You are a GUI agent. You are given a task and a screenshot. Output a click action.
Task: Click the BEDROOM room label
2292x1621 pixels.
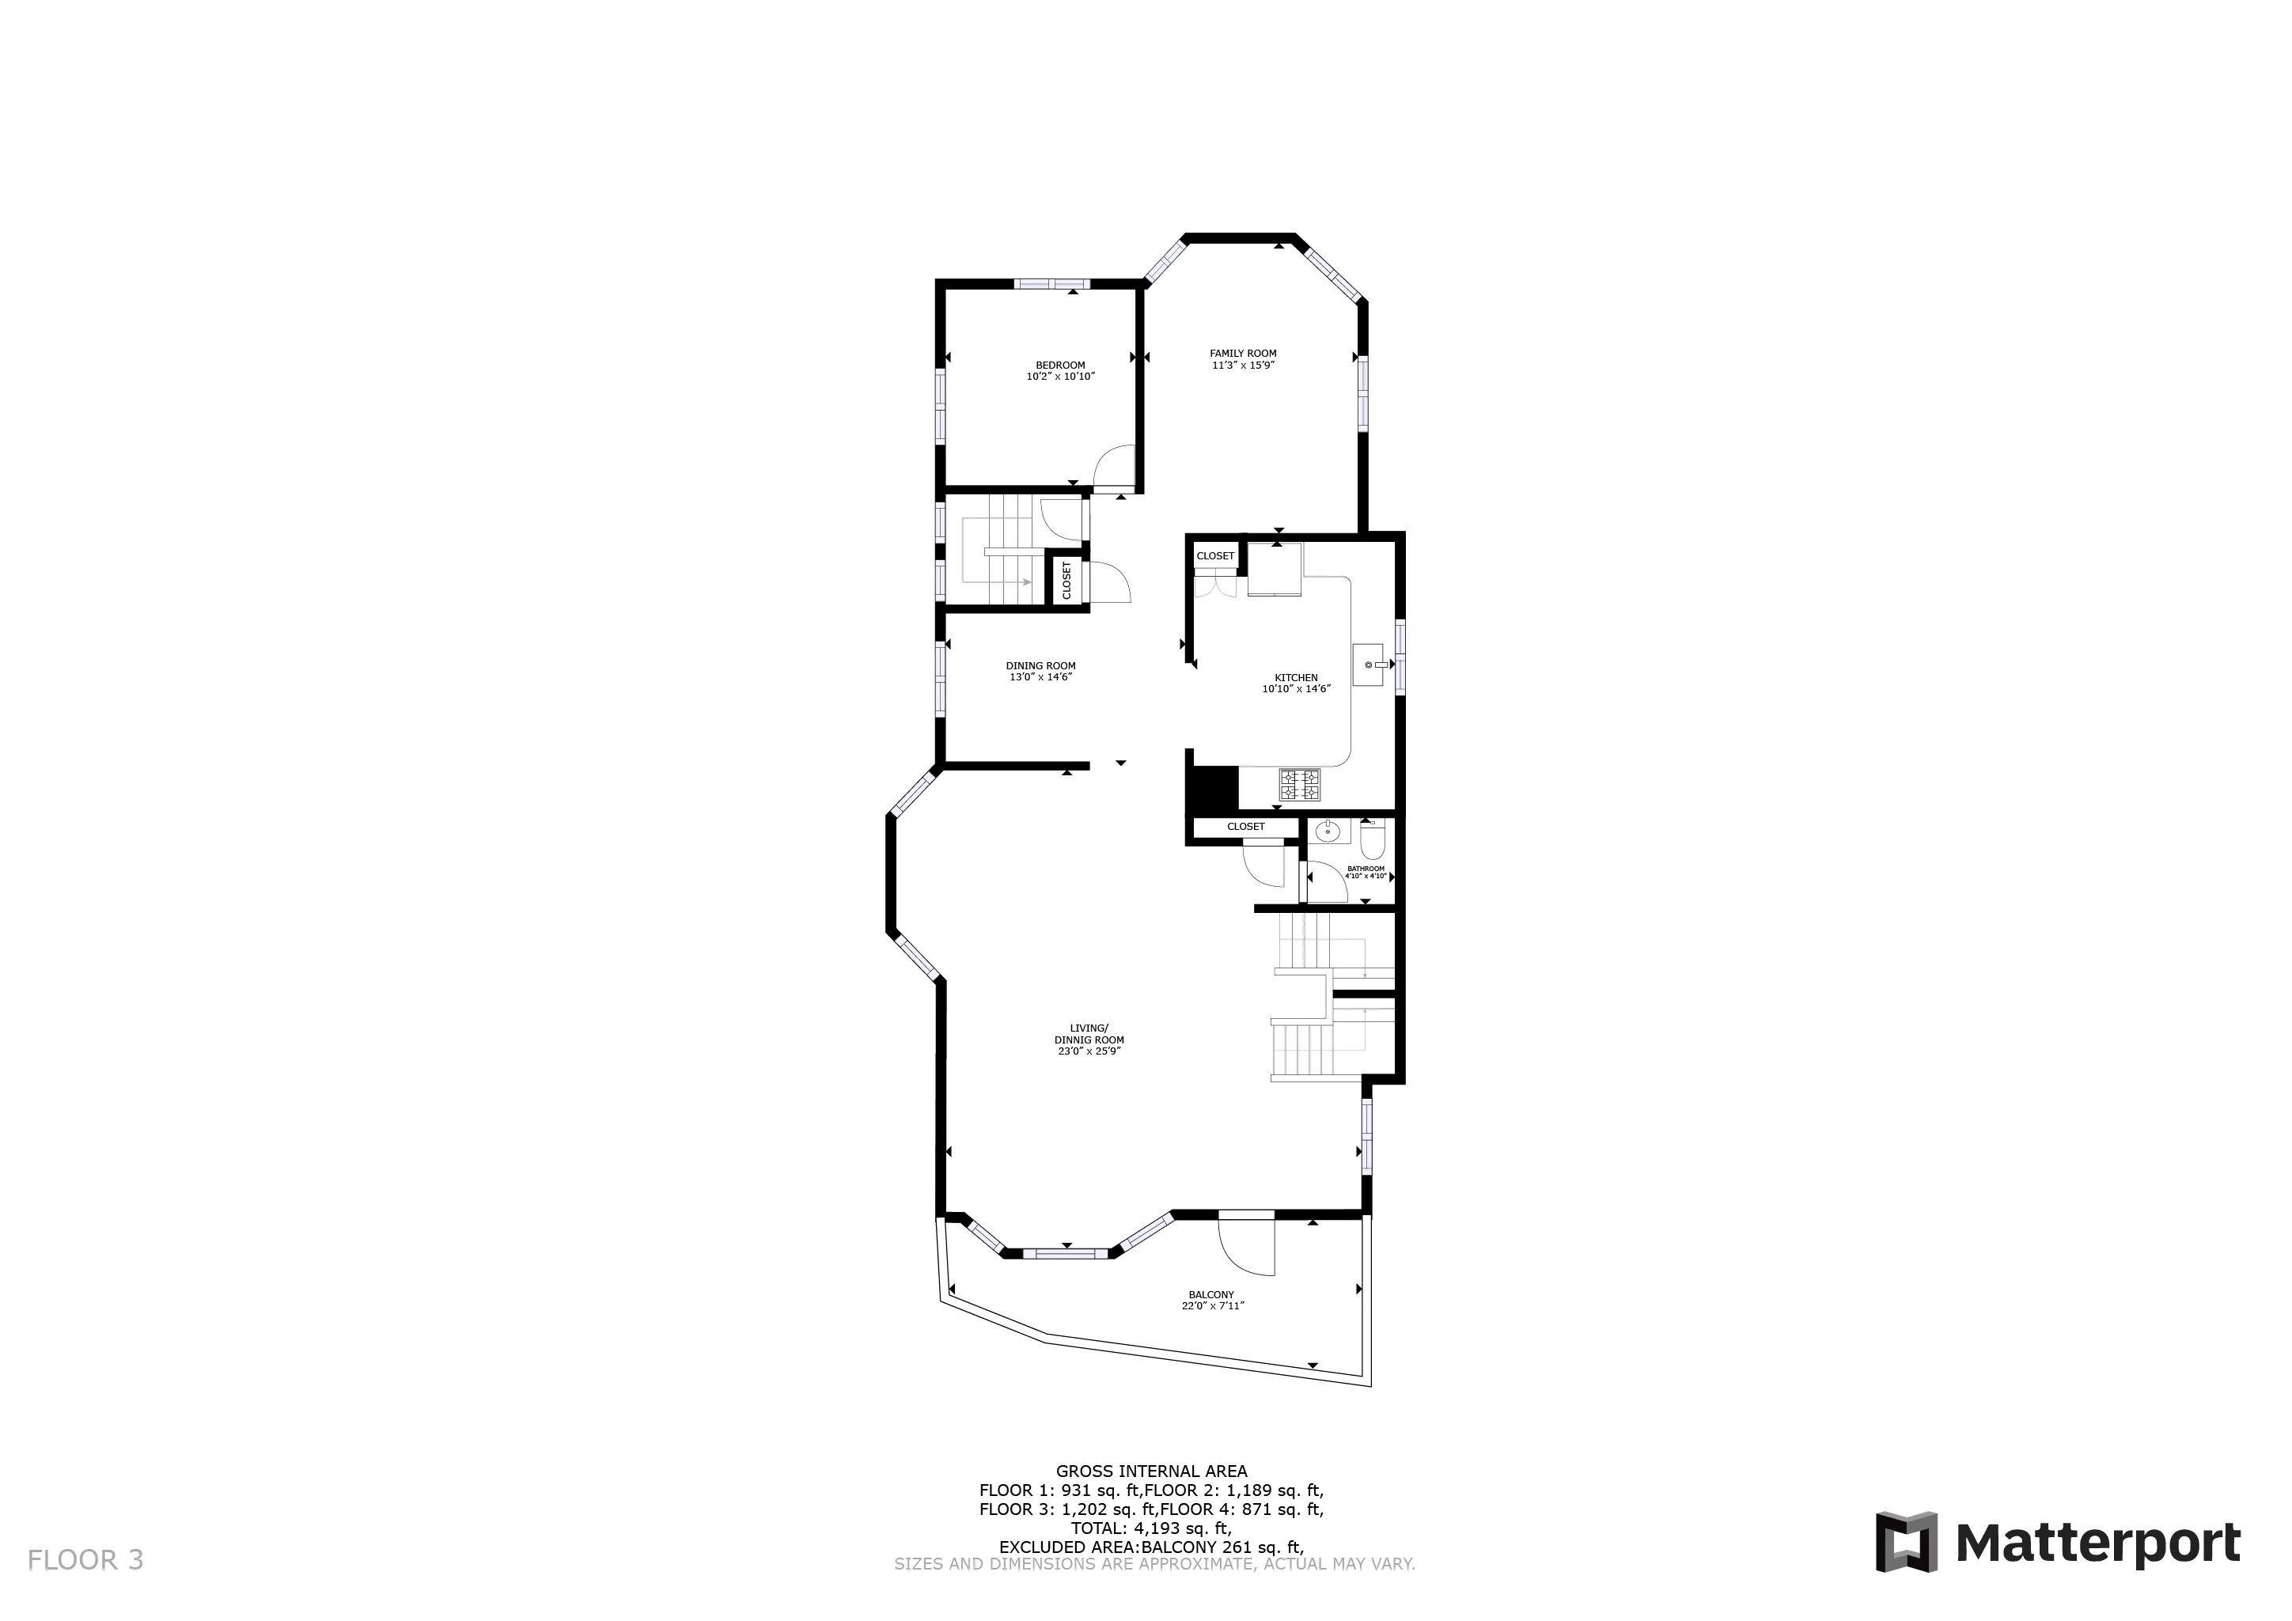pyautogui.click(x=1059, y=365)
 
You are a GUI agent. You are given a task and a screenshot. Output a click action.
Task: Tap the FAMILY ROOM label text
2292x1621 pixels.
pyautogui.click(x=1242, y=354)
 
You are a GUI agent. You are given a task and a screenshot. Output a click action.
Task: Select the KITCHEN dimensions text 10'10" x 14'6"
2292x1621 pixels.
pyautogui.click(x=1296, y=689)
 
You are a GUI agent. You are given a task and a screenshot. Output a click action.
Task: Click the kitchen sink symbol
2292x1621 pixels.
pyautogui.click(x=1369, y=665)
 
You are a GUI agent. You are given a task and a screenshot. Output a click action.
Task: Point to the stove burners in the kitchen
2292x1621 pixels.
pyautogui.click(x=1299, y=785)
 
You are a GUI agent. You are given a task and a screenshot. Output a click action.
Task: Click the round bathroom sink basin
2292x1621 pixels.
pyautogui.click(x=1328, y=831)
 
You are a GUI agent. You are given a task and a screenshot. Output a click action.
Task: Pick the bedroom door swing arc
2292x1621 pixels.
pyautogui.click(x=1114, y=465)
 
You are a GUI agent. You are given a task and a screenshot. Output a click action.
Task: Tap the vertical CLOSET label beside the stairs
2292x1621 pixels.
pyautogui.click(x=1066, y=580)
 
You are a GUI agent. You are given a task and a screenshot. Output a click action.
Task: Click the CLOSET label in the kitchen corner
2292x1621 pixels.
pyautogui.click(x=1215, y=556)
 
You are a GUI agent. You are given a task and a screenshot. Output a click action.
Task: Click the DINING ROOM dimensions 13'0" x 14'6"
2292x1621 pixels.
pyautogui.click(x=1040, y=678)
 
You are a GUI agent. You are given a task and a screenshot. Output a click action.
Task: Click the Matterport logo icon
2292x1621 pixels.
pyautogui.click(x=1906, y=1542)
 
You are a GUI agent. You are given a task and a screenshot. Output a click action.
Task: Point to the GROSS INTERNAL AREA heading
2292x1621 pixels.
pyautogui.click(x=1151, y=1471)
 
